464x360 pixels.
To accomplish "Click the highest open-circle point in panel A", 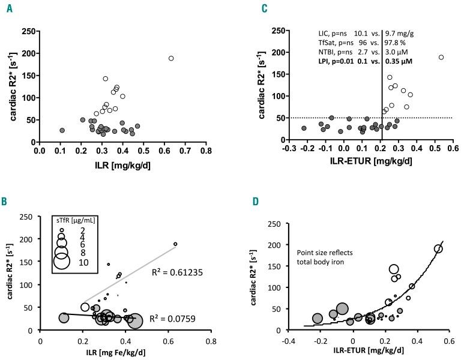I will [x=171, y=58].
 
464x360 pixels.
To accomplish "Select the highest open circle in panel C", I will [x=441, y=58].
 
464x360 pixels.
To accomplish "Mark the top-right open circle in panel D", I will [x=438, y=249].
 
